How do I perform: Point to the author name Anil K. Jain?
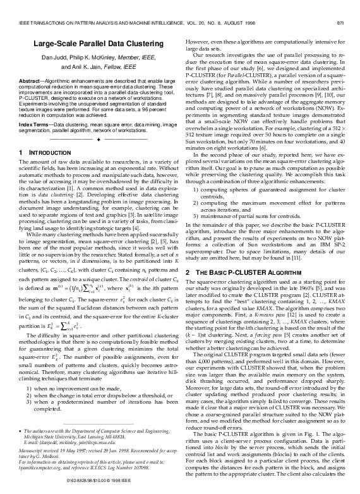[x=78, y=68]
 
